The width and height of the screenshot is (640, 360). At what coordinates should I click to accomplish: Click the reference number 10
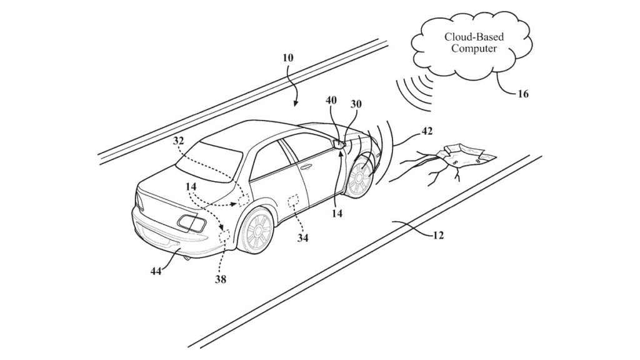click(x=287, y=57)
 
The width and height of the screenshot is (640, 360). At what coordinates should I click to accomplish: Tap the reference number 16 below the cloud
click(x=522, y=94)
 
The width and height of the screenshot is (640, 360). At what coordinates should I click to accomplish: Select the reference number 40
click(x=331, y=99)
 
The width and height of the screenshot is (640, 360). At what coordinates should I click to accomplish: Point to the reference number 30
click(x=356, y=104)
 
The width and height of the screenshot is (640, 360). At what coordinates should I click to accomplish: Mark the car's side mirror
click(x=339, y=144)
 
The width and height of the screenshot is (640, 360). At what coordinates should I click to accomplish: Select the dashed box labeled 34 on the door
click(x=292, y=202)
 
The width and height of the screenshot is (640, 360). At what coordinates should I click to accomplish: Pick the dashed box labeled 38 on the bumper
click(x=223, y=237)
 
